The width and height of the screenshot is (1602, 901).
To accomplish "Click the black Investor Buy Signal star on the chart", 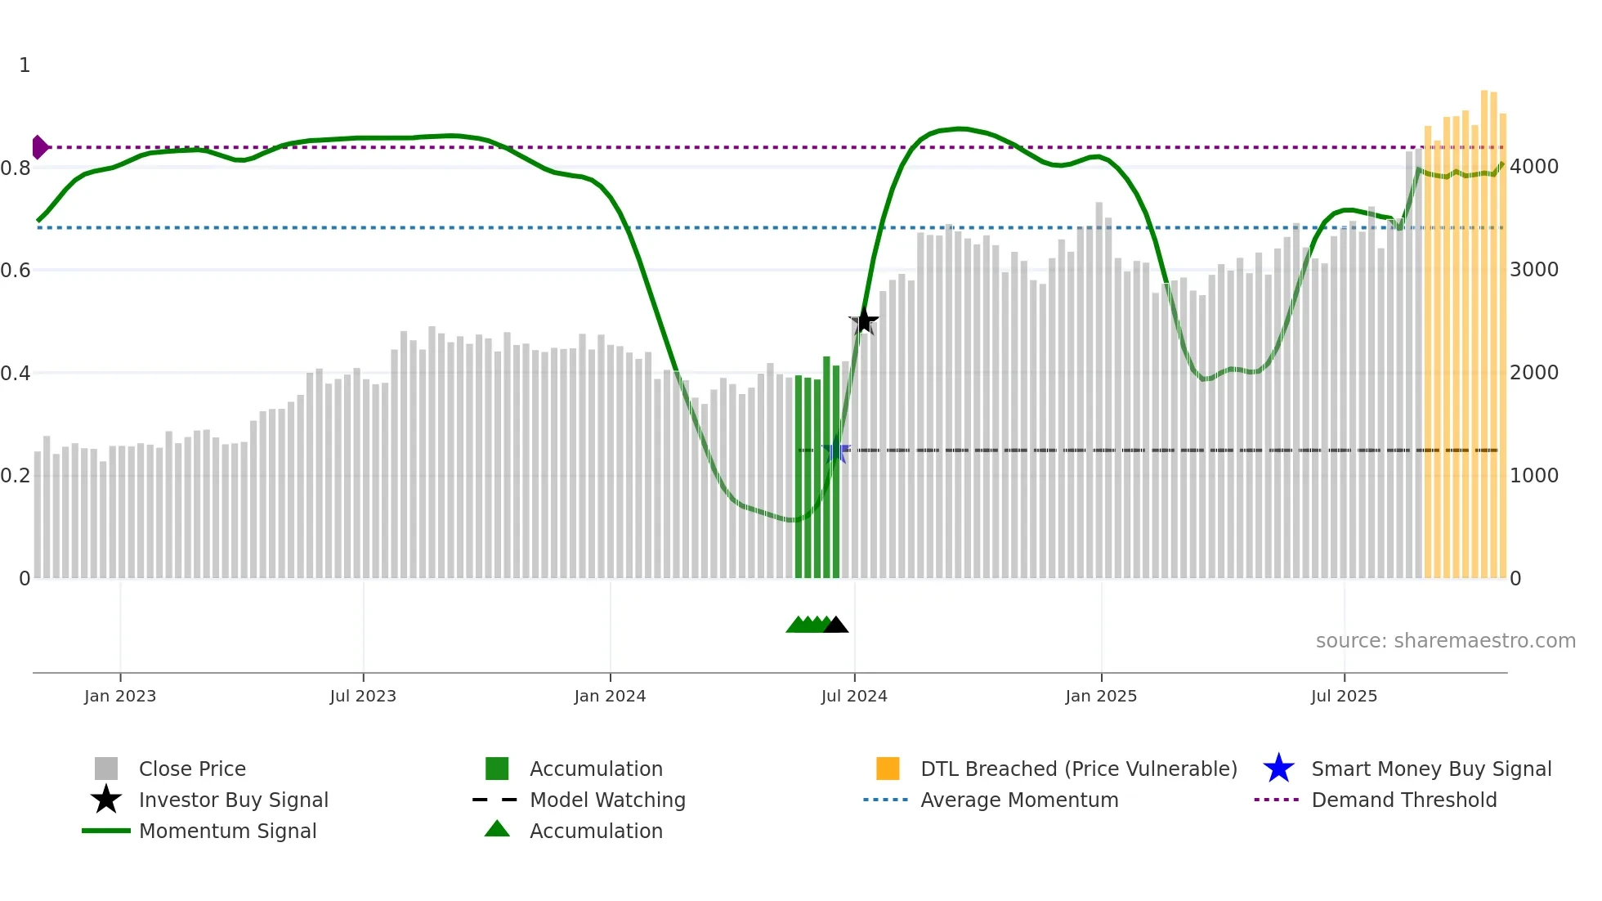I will tap(864, 321).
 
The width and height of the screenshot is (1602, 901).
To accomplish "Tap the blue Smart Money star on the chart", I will tap(835, 450).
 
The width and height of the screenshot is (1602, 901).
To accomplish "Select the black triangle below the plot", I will tap(835, 625).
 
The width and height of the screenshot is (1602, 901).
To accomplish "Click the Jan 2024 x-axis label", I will tap(610, 696).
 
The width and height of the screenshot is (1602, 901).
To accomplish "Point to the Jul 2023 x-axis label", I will tap(363, 696).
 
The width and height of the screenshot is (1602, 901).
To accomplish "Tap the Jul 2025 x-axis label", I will tap(1344, 696).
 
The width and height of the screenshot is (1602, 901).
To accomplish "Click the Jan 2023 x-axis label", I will tap(120, 696).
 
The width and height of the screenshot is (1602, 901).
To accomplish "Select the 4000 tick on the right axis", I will tap(1534, 167).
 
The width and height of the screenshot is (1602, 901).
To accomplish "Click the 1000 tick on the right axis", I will tap(1534, 475).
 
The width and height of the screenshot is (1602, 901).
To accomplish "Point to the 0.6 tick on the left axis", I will tap(16, 270).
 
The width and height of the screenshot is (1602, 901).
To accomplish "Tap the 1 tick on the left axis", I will tap(25, 65).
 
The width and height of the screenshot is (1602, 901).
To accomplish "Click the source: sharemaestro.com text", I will tap(1445, 641).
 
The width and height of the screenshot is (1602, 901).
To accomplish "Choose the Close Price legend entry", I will tap(192, 769).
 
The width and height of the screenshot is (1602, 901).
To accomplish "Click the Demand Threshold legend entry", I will tap(1403, 800).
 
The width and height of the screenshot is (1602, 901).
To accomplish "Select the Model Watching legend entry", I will tap(607, 800).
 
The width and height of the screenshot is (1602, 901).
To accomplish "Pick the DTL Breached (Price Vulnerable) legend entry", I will tap(1078, 769).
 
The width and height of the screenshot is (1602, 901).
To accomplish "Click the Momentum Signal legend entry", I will tap(227, 831).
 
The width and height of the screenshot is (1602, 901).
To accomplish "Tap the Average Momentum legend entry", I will tap(1019, 800).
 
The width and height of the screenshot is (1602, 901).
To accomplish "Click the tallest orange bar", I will tap(1484, 327).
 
